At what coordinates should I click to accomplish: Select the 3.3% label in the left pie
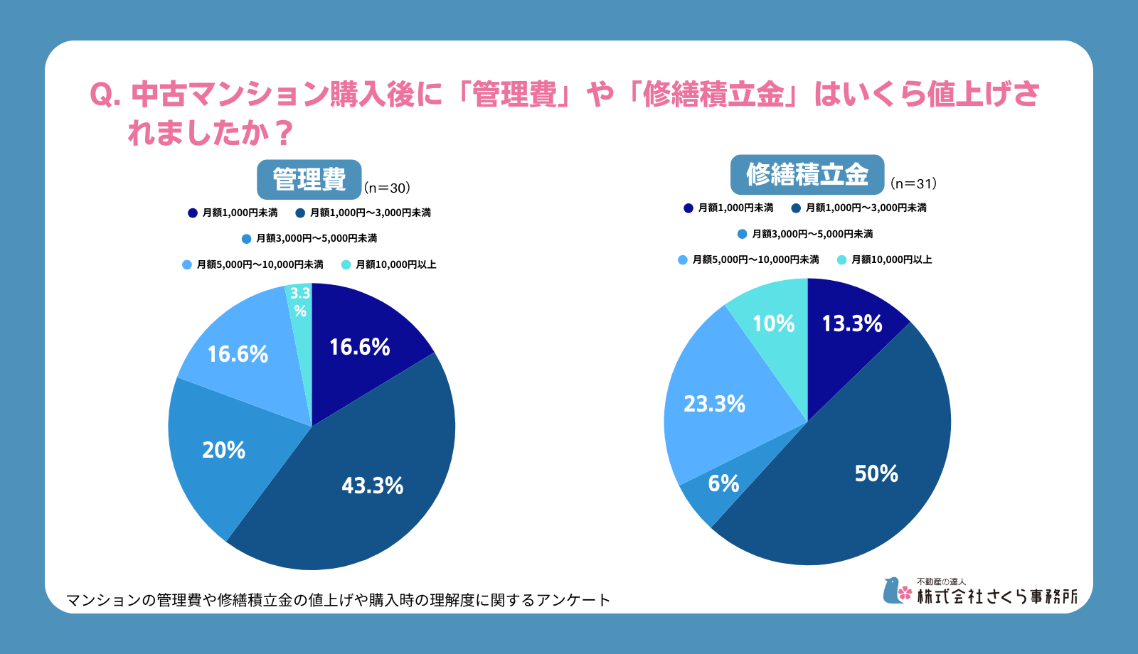pyautogui.click(x=300, y=301)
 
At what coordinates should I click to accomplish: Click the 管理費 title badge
pyautogui.click(x=309, y=180)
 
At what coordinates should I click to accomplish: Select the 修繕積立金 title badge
pyautogui.click(x=807, y=175)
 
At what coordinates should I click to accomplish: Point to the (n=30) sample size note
pyautogui.click(x=387, y=188)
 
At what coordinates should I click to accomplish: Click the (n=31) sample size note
pyautogui.click(x=913, y=184)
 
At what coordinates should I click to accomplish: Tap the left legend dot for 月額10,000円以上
pyautogui.click(x=346, y=264)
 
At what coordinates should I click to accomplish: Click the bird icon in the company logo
pyautogui.click(x=890, y=591)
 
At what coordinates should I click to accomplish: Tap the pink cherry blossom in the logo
pyautogui.click(x=905, y=593)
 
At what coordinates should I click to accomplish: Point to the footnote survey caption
pyautogui.click(x=339, y=600)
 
